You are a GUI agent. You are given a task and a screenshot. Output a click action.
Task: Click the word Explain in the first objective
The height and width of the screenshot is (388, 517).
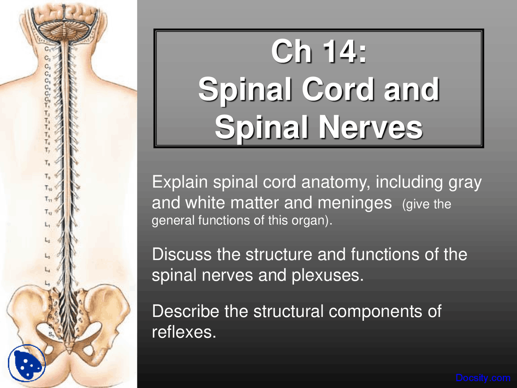coord(179,183)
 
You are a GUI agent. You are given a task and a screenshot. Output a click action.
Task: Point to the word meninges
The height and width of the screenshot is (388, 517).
coord(354,203)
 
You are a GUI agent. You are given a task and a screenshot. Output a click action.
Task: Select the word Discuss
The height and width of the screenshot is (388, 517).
coord(181,255)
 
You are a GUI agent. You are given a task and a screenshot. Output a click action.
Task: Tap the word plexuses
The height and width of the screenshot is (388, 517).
coord(327,275)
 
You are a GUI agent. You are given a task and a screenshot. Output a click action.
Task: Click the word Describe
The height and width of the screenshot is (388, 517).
coord(185,312)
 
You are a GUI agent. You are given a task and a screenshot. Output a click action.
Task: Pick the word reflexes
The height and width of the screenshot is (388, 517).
coord(184,332)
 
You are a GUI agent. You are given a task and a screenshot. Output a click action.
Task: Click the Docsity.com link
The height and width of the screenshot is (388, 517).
coord(483,378)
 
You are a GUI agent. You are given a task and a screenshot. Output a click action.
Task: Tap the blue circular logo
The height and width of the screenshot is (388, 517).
coord(27,363)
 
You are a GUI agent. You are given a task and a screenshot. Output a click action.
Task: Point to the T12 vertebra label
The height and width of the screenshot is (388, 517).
coord(48,212)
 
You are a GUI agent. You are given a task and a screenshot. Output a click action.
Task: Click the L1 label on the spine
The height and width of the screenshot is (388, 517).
coord(48,224)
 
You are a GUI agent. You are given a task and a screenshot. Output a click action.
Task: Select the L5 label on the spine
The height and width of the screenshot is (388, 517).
coord(47,283)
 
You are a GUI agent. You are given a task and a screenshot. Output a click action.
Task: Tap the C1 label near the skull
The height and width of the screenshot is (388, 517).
coord(47,49)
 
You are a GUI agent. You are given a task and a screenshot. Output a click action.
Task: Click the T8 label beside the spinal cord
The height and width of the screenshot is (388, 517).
coord(47,163)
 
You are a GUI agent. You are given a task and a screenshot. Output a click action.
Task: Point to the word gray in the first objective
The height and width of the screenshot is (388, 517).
coord(465,183)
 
